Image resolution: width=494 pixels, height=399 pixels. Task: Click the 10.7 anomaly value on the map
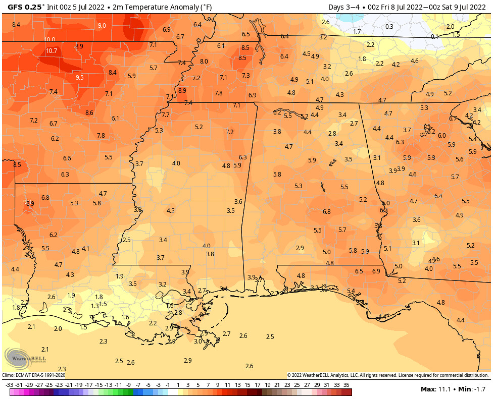tap(52, 51)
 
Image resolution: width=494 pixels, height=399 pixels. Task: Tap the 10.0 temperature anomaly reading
tap(50, 39)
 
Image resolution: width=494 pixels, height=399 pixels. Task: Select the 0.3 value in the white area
tap(389, 27)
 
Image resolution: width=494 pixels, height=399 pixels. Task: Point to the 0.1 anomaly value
tap(434, 37)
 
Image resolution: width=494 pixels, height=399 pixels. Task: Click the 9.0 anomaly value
tap(102, 25)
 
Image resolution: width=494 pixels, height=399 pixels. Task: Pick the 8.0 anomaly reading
tap(204, 61)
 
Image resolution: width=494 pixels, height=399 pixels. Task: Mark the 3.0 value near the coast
tap(198, 341)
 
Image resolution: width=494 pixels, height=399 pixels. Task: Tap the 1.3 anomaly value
tap(95, 306)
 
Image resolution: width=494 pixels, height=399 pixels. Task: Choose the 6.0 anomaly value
tap(441, 136)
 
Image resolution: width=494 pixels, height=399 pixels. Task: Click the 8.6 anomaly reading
tap(89, 113)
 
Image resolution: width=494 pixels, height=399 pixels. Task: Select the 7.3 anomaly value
tap(246, 75)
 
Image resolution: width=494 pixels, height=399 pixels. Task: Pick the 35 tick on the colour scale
tap(347, 384)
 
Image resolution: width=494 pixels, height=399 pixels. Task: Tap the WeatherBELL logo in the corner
tap(23, 358)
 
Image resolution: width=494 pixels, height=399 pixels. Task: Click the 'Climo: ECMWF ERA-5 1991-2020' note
tap(33, 375)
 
